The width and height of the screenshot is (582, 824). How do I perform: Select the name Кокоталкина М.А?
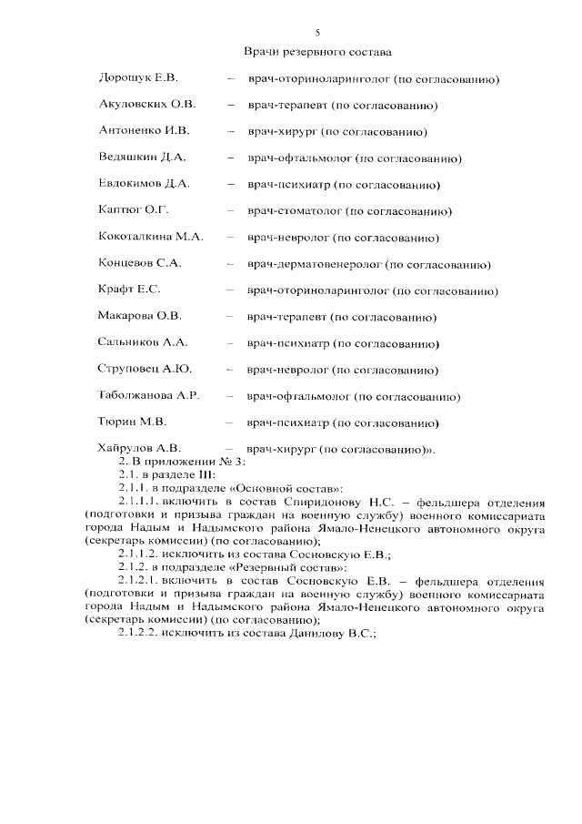tap(151, 238)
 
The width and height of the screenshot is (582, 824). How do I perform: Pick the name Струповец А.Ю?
tap(145, 370)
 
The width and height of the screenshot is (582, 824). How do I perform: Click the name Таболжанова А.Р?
tap(148, 396)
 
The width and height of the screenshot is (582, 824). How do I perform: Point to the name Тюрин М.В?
tap(132, 422)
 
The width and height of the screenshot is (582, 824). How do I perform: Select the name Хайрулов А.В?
tap(140, 448)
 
